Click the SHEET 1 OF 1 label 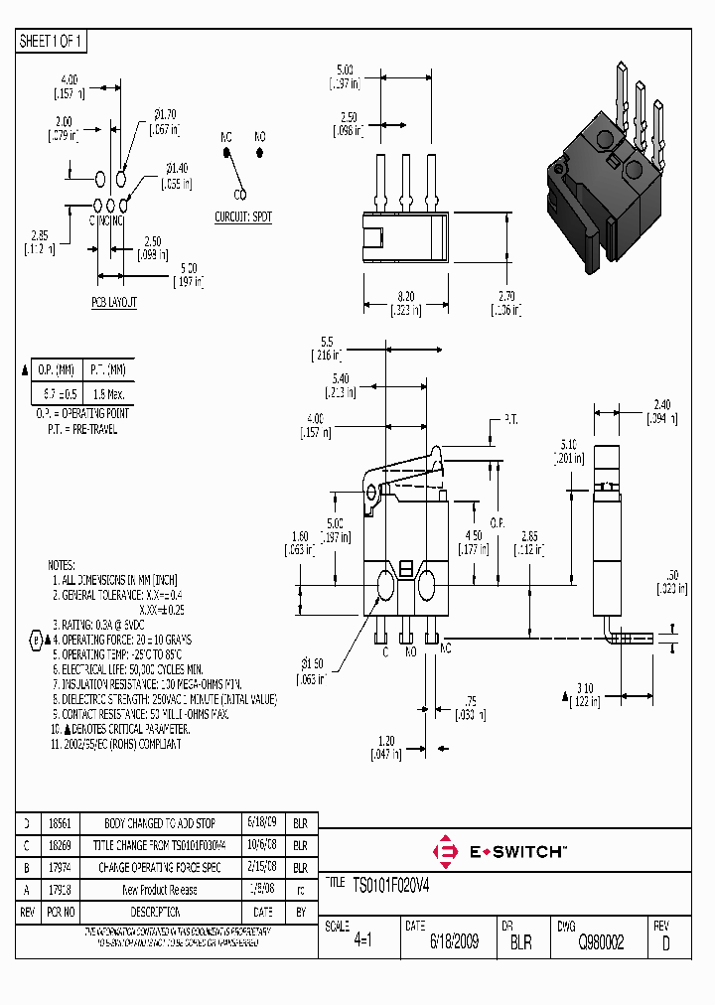coord(52,42)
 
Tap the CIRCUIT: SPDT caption coord(242,216)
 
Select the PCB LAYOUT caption coord(114,301)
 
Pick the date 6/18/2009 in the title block coord(453,941)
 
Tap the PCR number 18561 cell coord(60,824)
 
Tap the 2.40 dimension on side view coord(661,404)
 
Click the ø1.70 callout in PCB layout coord(163,115)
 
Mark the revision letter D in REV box coord(665,943)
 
